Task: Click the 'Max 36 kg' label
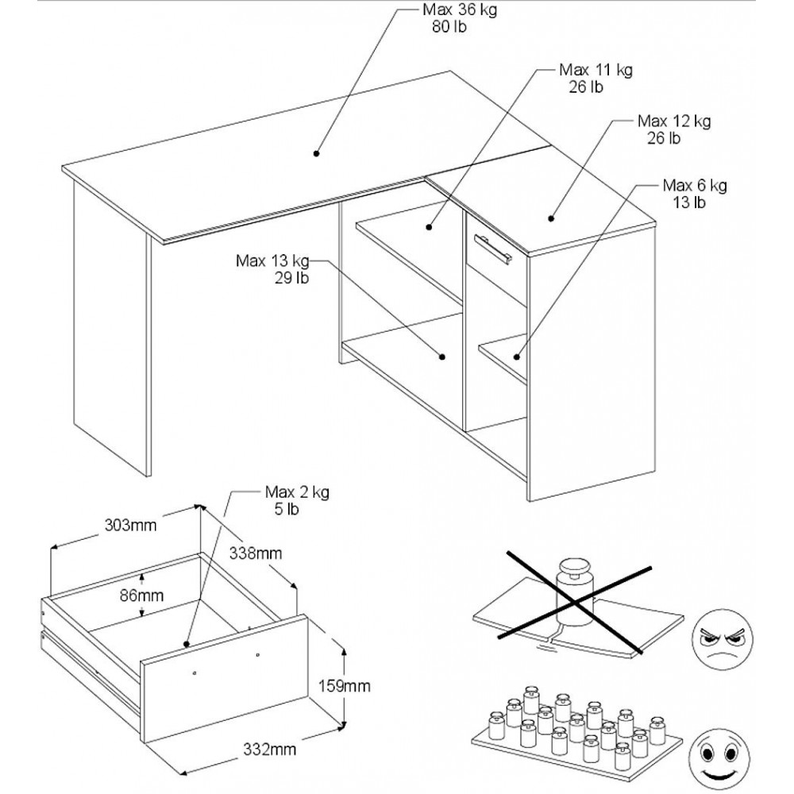coord(460,10)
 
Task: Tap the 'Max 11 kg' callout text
coord(595,70)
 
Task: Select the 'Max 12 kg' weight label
coord(674,121)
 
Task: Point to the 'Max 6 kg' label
coord(695,185)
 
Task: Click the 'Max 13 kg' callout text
coord(272,261)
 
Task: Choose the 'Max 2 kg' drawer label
coord(297,491)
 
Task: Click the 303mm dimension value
coord(131,525)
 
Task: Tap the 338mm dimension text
coord(256,553)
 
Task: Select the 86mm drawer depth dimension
coord(142,595)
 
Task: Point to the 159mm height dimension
coord(345,686)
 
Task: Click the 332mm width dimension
coord(270,749)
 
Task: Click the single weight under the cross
coord(574,592)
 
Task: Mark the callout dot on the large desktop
coord(317,153)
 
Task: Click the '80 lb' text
coord(449,27)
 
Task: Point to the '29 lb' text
coord(291,279)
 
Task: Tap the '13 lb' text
coord(689,202)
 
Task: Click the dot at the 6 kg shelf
coord(517,357)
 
